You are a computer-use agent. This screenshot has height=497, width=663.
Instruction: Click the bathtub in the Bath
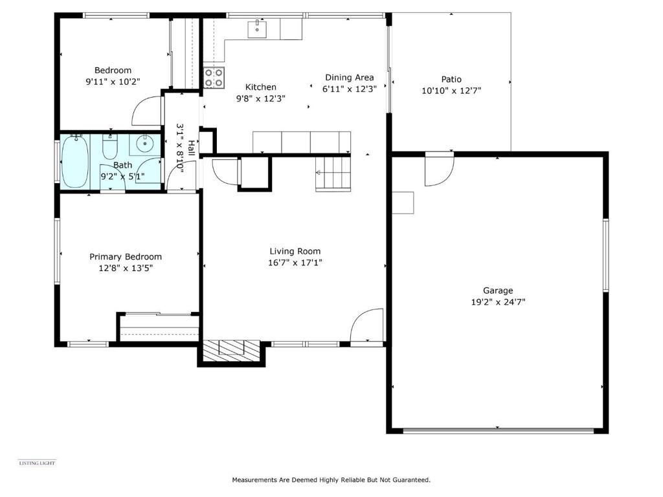click(x=75, y=161)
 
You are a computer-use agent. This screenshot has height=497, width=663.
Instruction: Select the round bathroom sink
click(x=145, y=144)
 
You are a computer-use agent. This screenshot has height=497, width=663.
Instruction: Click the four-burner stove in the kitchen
click(x=214, y=78)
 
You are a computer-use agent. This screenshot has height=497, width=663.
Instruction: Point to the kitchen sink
click(x=256, y=28)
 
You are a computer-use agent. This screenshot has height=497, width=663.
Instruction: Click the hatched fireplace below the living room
click(x=231, y=350)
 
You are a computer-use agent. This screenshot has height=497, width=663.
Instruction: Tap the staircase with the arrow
click(x=333, y=173)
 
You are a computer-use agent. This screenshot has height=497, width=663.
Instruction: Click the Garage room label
click(x=498, y=291)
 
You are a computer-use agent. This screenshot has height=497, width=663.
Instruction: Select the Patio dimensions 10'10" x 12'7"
click(x=451, y=91)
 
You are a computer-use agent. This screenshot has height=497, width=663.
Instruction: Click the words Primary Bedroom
click(x=126, y=256)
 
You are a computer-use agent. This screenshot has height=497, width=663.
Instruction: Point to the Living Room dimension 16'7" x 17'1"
click(x=295, y=263)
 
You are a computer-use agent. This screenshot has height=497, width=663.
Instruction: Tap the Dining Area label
click(x=349, y=78)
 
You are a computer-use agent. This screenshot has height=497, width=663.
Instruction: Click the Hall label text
click(x=192, y=148)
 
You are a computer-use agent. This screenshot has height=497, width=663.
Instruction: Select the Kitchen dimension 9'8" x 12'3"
click(x=261, y=98)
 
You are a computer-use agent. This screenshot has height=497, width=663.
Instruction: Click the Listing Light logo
click(x=37, y=463)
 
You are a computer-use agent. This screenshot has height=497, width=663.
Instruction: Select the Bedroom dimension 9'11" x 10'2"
click(x=113, y=82)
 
